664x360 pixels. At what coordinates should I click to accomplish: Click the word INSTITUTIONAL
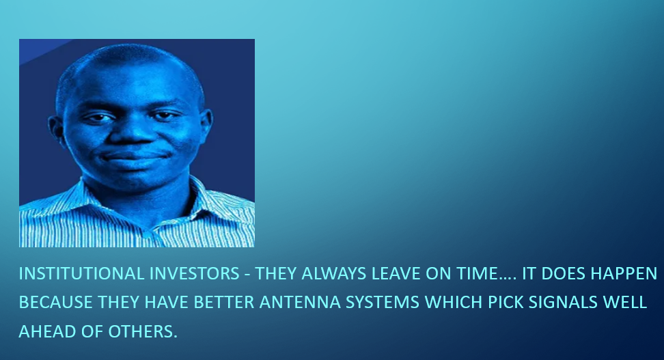pos(81,274)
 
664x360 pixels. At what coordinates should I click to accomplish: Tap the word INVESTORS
pos(195,274)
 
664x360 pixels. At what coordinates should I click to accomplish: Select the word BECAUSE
pos(56,303)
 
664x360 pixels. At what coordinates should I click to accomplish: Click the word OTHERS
pos(143,331)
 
